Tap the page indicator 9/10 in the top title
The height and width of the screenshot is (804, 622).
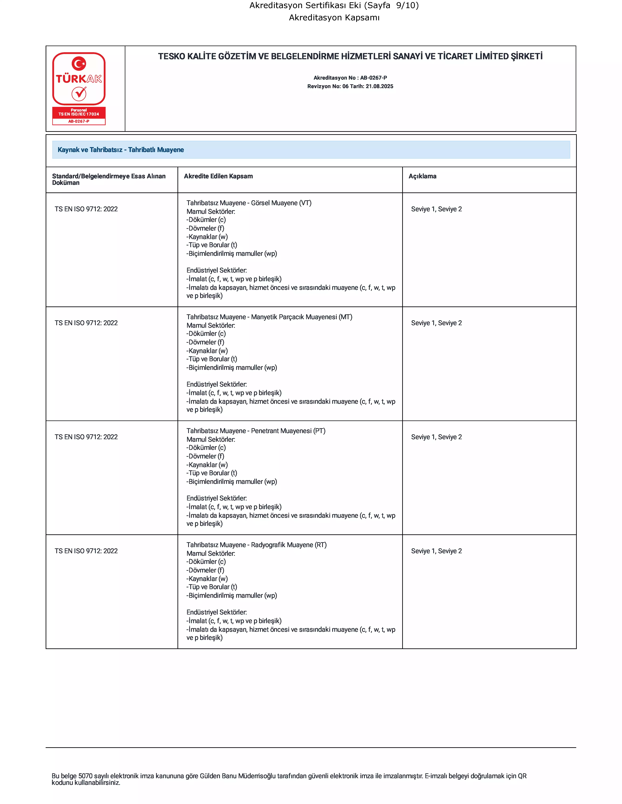[x=407, y=6]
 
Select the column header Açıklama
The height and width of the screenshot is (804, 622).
[x=422, y=176]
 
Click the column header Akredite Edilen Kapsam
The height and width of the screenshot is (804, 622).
[x=218, y=176]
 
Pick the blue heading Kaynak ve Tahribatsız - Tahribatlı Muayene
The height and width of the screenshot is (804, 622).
[x=121, y=150]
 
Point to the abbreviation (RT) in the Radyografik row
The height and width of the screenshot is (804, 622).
[x=321, y=545]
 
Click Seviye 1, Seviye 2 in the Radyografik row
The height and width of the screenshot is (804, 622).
[x=436, y=551]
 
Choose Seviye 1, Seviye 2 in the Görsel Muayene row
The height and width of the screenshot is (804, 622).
[x=436, y=209]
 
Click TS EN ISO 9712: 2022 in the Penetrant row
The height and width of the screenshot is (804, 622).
[x=86, y=437]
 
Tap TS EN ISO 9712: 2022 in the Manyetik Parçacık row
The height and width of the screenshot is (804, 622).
[x=86, y=323]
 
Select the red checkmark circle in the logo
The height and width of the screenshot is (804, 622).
[x=79, y=94]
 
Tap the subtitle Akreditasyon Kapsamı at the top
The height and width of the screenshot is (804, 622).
[x=334, y=18]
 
